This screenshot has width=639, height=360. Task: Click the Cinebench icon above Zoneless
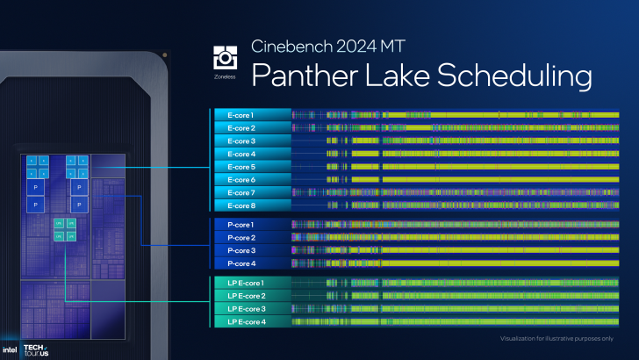click(225, 57)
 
